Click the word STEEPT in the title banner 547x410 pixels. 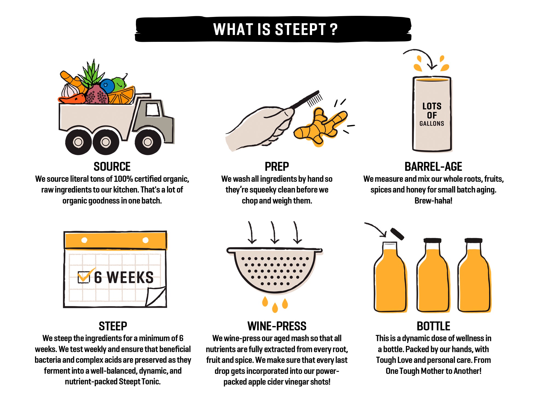pyautogui.click(x=300, y=29)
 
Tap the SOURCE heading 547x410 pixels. pyautogui.click(x=112, y=166)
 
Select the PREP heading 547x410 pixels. pyautogui.click(x=277, y=166)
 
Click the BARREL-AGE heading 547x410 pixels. pyautogui.click(x=433, y=166)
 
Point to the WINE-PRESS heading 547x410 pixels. pyautogui.click(x=277, y=326)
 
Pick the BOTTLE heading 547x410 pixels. pyautogui.click(x=433, y=326)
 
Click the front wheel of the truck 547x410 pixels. pyautogui.click(x=148, y=142)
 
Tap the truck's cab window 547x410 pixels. pyautogui.click(x=153, y=110)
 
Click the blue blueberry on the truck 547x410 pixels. pyautogui.click(x=107, y=86)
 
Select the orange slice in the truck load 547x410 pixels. pyautogui.click(x=122, y=96)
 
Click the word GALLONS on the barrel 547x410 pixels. pyautogui.click(x=432, y=124)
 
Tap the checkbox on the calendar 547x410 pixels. pyautogui.click(x=83, y=277)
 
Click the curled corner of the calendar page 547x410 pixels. pyautogui.click(x=156, y=297)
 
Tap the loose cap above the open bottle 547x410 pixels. pyautogui.click(x=397, y=234)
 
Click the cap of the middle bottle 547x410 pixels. pyautogui.click(x=432, y=241)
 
